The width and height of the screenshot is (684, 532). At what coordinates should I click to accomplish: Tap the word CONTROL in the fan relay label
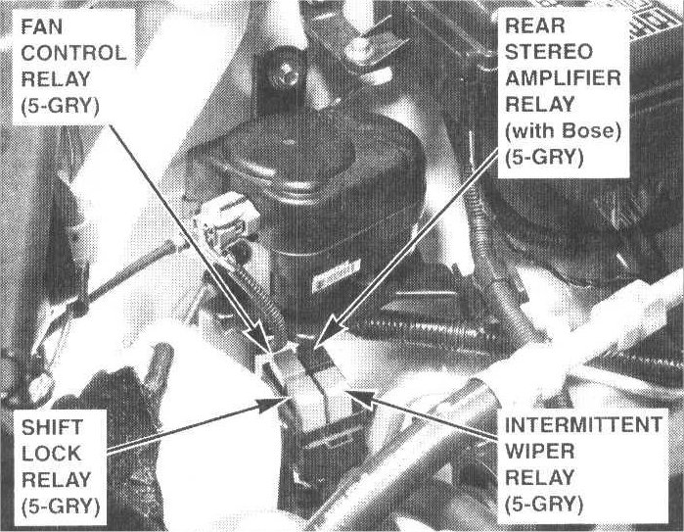(73, 53)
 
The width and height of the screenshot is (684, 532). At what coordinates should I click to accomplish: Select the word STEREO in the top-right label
(549, 52)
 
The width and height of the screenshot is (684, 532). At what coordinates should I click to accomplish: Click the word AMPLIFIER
(563, 78)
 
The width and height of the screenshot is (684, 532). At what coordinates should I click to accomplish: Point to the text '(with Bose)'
(563, 130)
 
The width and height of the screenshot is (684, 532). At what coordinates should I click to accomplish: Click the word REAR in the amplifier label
(535, 25)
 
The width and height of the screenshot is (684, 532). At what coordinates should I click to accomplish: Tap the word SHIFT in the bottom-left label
(52, 427)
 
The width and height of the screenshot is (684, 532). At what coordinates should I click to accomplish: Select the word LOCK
(51, 454)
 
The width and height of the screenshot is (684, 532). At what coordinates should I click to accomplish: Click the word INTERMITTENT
(583, 424)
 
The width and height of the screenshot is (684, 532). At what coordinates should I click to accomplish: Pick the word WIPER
(539, 452)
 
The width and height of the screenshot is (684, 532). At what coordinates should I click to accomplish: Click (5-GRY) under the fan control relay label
(61, 106)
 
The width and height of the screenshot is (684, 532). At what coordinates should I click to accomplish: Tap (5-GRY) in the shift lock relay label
(61, 507)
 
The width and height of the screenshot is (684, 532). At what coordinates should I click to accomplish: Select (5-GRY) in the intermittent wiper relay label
(544, 505)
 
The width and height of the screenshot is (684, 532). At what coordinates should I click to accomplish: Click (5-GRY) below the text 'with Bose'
(544, 157)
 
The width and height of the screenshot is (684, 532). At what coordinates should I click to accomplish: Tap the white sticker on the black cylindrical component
(336, 276)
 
